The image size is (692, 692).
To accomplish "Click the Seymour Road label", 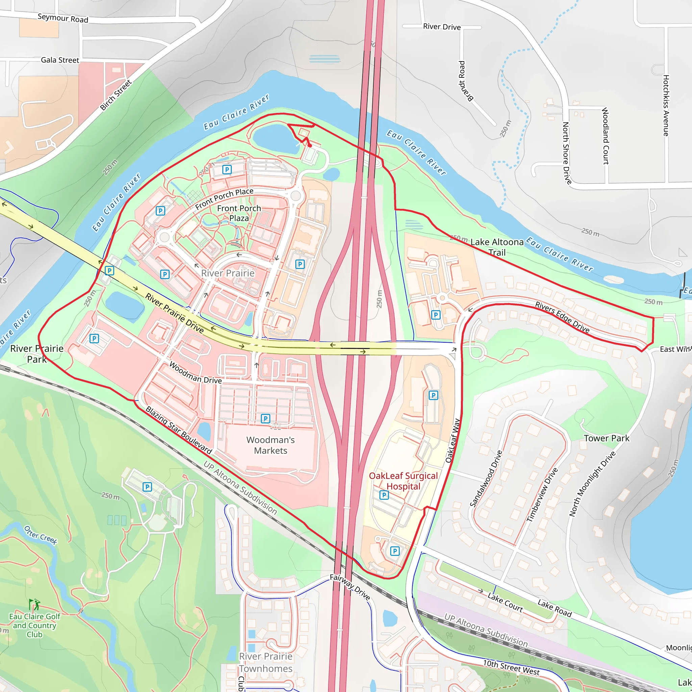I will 63,18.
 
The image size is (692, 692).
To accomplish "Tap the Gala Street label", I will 60,60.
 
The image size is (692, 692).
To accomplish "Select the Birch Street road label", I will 116,95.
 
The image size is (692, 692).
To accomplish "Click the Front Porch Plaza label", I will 239,213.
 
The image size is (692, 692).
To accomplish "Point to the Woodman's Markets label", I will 270,445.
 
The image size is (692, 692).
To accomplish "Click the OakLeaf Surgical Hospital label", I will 403,481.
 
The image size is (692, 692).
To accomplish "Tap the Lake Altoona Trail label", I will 497,247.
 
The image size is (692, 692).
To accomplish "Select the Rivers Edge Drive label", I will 562,317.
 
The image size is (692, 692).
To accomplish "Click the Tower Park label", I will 607,438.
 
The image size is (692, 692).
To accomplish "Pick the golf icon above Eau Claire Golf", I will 34,604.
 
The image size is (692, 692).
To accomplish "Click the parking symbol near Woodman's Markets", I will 265,418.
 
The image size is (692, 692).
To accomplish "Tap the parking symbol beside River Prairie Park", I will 94,339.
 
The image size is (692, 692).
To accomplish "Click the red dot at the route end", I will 310,146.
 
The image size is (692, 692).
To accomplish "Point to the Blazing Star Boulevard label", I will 179,430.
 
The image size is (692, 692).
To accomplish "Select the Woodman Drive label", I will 195,373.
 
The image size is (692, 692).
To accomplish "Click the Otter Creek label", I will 41,535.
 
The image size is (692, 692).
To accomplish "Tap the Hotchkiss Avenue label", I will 666,105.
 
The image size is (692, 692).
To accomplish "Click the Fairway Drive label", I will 350,587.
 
